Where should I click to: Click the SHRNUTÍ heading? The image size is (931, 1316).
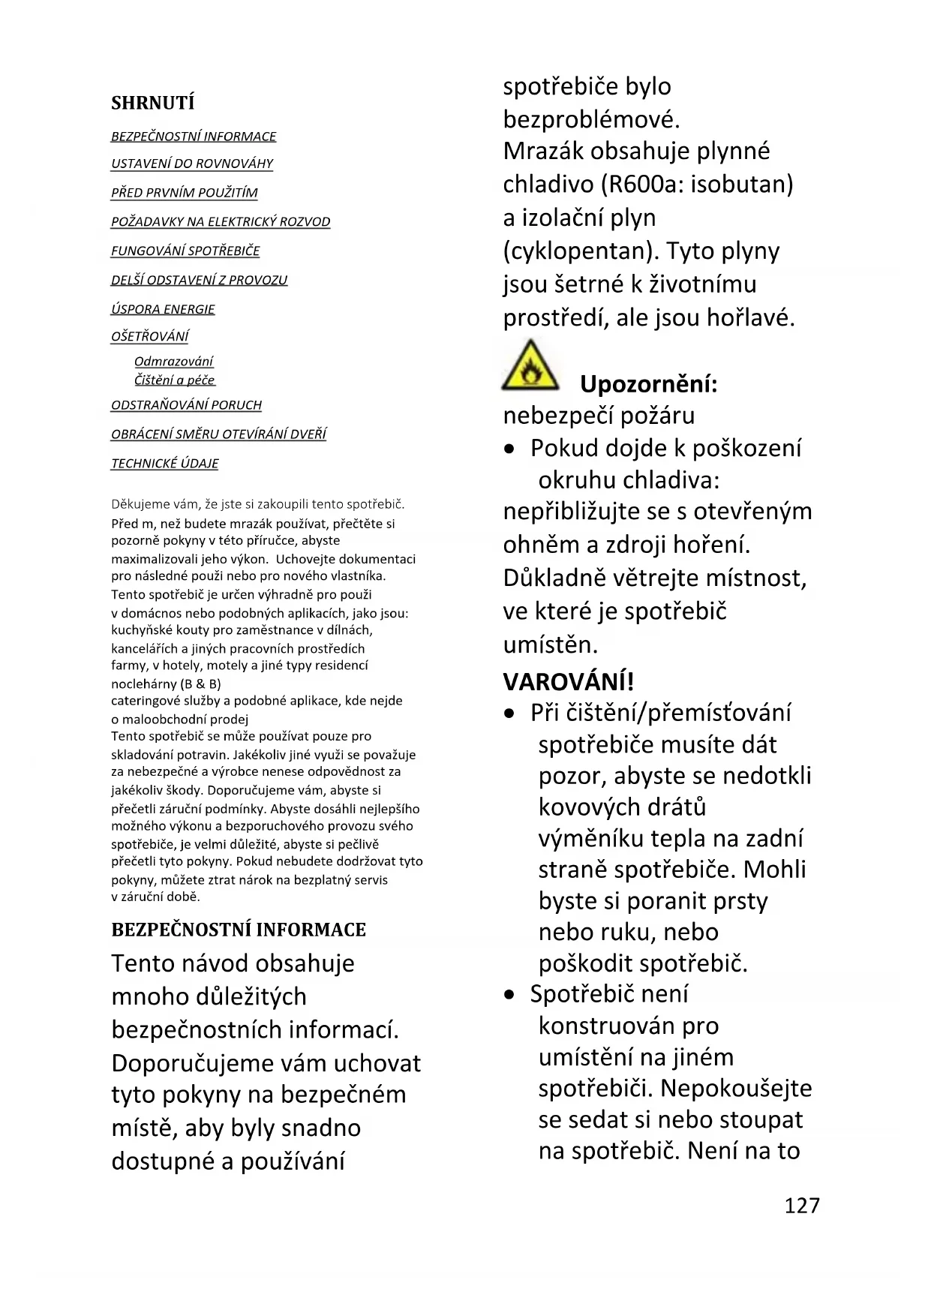tap(152, 103)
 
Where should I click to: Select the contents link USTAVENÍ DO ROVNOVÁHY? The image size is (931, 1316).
tap(192, 164)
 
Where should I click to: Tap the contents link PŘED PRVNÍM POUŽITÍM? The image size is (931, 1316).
tap(184, 193)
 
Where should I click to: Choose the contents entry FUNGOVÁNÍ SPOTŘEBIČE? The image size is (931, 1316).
tap(185, 251)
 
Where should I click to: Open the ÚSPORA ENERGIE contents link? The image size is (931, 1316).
tap(163, 309)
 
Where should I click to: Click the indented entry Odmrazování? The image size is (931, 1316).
tap(173, 362)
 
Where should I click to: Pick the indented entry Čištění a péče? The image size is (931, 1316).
tap(174, 380)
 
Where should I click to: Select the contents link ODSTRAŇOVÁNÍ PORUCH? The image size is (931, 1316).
tap(186, 405)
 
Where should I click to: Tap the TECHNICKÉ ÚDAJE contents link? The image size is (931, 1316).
tap(164, 464)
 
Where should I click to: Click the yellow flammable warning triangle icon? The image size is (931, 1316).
tap(530, 366)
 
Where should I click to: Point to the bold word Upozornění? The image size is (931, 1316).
tap(648, 384)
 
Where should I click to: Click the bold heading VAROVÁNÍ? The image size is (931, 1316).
tap(568, 682)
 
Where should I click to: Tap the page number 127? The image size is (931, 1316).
tap(802, 1205)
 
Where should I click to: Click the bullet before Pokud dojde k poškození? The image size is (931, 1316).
tap(510, 449)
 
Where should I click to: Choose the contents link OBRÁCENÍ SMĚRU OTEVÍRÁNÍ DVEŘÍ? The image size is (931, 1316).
tap(218, 434)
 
